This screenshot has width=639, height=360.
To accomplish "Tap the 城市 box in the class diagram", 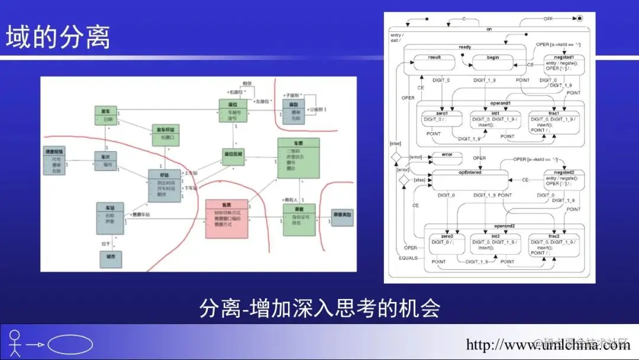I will coord(111,259).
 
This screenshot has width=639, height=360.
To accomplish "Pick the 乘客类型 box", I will coord(343,217).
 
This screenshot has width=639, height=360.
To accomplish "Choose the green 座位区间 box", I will coord(234,156).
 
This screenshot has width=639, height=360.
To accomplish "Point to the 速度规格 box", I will coord(56,160).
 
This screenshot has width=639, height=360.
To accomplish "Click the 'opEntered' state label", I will coord(470,172).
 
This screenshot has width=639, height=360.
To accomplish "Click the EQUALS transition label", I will coord(408,258).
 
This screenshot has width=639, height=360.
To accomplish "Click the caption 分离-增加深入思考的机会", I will coord(319,308).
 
